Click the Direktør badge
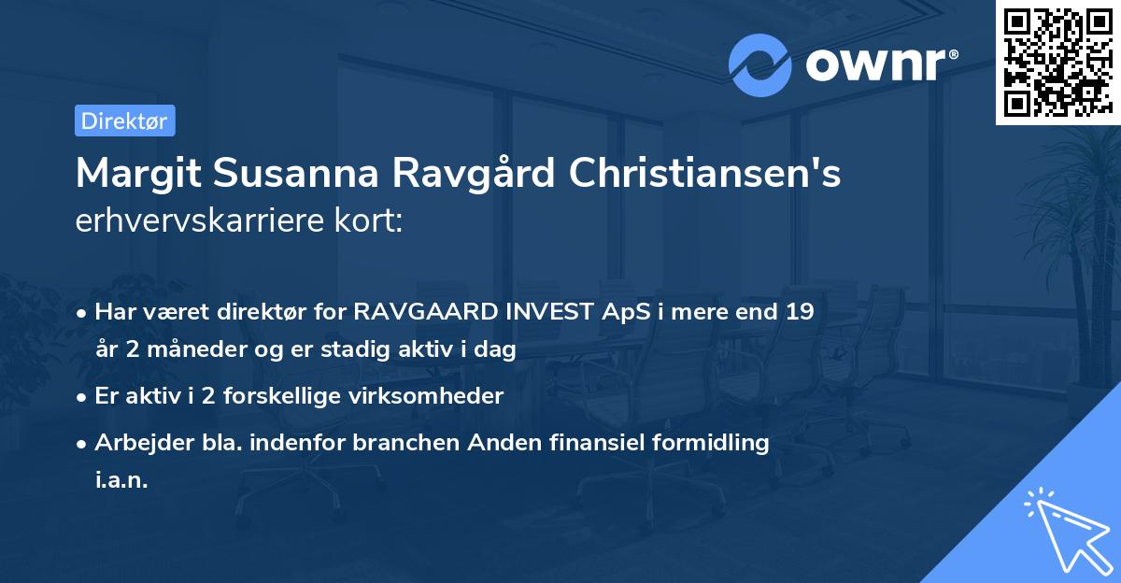pyautogui.click(x=124, y=121)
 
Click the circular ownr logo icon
pyautogui.click(x=759, y=64)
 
